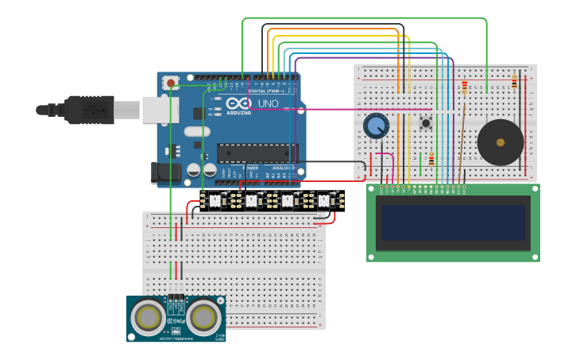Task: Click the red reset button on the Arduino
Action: tap(171, 82)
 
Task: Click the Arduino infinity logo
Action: tap(238, 104)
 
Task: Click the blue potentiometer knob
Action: tap(376, 126)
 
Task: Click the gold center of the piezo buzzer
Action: tap(501, 143)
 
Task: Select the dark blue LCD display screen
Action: tap(453, 222)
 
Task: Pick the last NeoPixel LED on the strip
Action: tap(324, 200)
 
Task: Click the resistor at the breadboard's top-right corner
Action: tap(515, 81)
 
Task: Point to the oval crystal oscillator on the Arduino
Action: tap(196, 132)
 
